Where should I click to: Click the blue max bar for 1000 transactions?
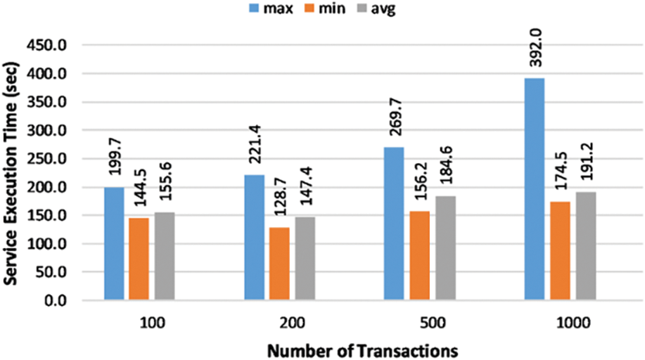[x=534, y=189]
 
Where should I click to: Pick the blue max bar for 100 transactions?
[x=113, y=244]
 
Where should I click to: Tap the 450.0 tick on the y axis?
[x=46, y=46]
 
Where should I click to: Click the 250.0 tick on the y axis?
[x=46, y=159]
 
